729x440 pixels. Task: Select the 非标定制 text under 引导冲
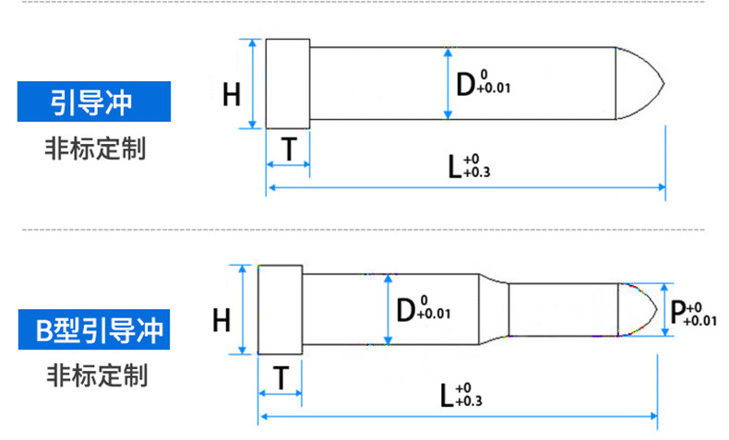click(93, 149)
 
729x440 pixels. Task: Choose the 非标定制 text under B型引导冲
click(93, 375)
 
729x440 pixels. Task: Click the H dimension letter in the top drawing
click(232, 93)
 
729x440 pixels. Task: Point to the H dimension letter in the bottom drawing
click(221, 320)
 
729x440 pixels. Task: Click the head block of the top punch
click(287, 84)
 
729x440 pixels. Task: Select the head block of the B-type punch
click(280, 308)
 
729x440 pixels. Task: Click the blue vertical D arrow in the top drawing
click(448, 84)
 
